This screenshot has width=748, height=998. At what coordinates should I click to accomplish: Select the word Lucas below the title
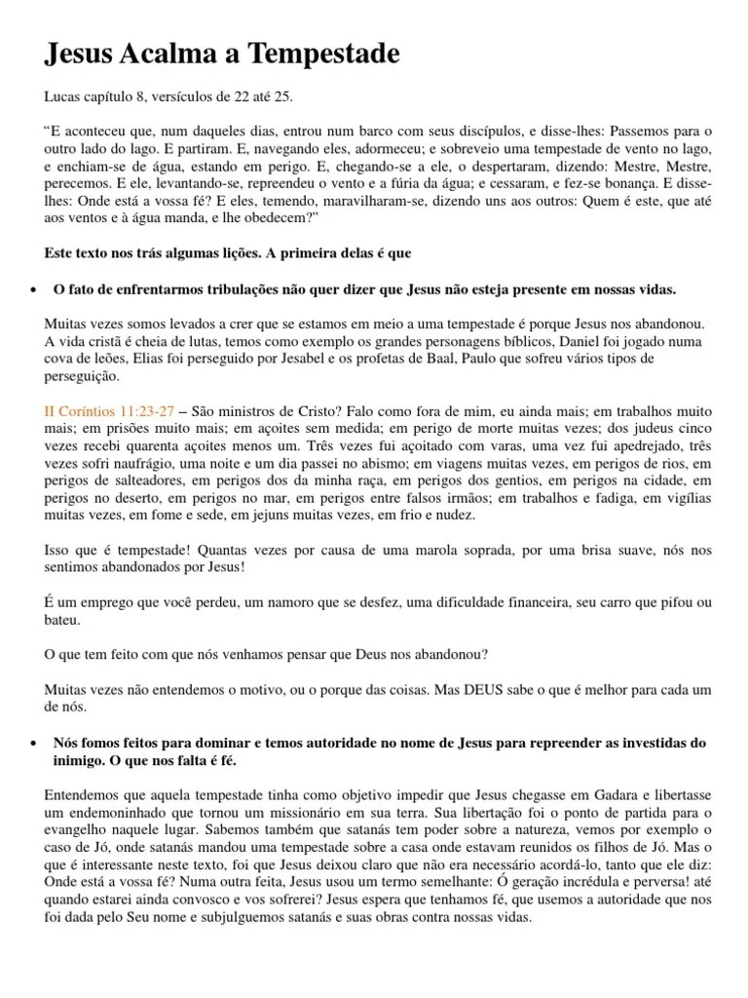click(x=64, y=98)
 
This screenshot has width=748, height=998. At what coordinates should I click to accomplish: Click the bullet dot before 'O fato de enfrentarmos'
click(x=35, y=291)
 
